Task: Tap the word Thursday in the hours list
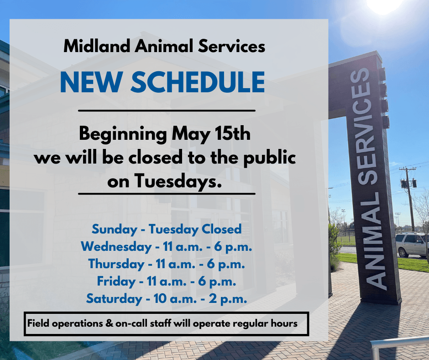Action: coord(116,264)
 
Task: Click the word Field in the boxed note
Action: coord(38,323)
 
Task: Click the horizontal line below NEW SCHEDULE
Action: coord(167,111)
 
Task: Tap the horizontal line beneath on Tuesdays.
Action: coord(167,194)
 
